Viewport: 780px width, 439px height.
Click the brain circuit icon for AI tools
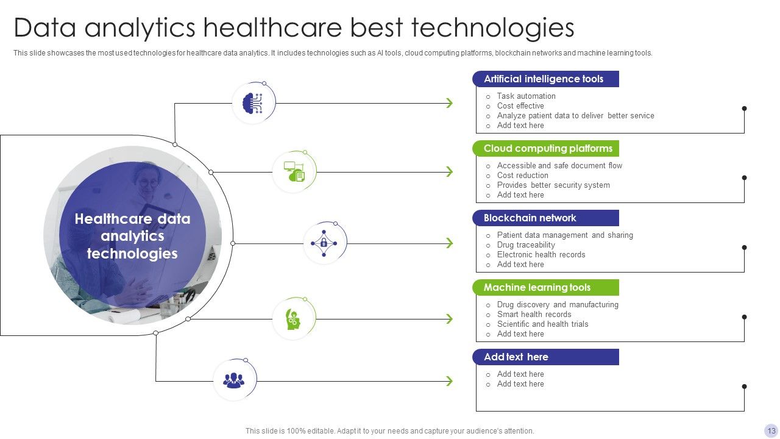(253, 103)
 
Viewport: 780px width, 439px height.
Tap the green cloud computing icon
(294, 172)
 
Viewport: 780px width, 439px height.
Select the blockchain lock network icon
(324, 243)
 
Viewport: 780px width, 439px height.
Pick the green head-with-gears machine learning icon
(294, 318)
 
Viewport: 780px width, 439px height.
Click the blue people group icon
(233, 380)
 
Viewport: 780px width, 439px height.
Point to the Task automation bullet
(526, 96)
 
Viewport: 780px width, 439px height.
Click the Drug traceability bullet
(526, 244)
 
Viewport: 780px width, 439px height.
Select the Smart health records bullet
(534, 314)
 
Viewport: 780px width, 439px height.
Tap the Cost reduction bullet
(522, 175)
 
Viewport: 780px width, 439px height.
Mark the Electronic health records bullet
(541, 254)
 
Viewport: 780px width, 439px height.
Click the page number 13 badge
(771, 430)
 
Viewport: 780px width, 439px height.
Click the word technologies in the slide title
(492, 28)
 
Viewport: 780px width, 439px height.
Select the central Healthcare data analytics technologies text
(132, 236)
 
